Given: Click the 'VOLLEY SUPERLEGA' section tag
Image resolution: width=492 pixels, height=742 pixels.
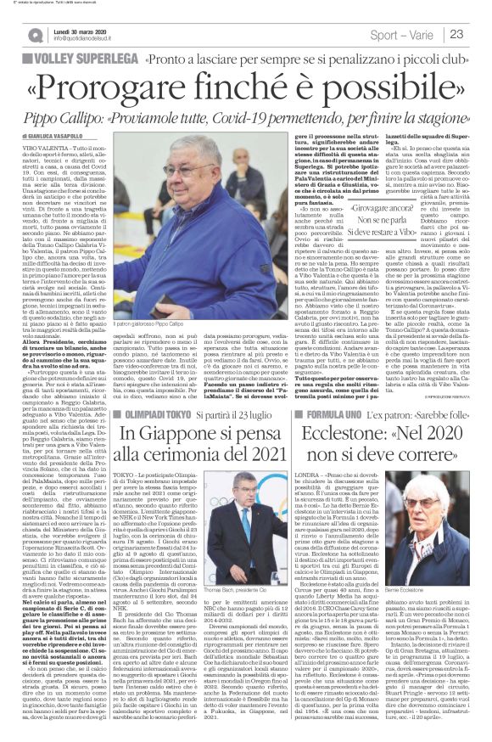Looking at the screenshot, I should [81, 60].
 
